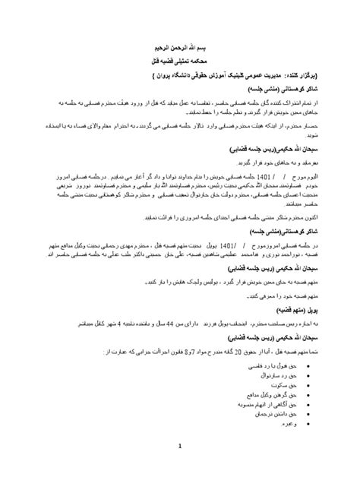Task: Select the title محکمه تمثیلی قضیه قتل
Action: pyautogui.click(x=180, y=58)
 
